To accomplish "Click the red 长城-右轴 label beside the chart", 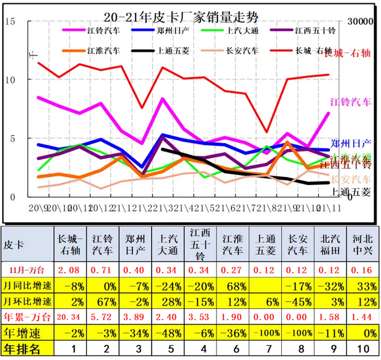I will (x=348, y=54).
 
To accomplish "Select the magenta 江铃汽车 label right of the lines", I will (x=351, y=102).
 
